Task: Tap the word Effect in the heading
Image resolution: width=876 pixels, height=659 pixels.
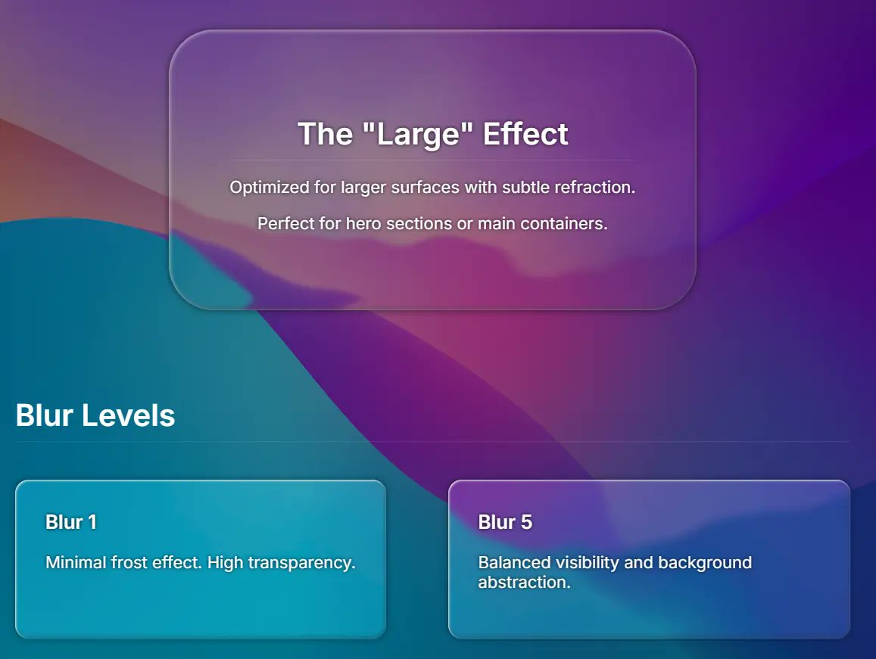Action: pyautogui.click(x=525, y=134)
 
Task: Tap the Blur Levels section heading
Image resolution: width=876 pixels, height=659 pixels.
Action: pyautogui.click(x=95, y=415)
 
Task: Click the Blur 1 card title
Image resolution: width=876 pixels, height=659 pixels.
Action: pyautogui.click(x=71, y=522)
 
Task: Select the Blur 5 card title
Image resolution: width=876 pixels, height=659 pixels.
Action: pyautogui.click(x=505, y=522)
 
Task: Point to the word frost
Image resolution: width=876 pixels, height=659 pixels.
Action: pyautogui.click(x=132, y=563)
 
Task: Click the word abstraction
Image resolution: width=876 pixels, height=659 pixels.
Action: pyautogui.click(x=523, y=583)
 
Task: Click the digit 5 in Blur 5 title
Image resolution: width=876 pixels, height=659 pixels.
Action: pyautogui.click(x=526, y=522)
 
